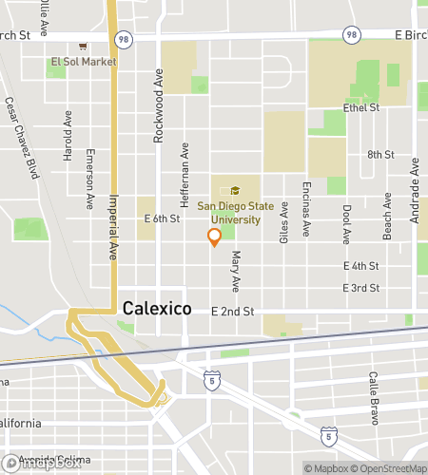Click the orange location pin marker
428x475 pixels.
[214, 237]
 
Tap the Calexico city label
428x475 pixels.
[157, 309]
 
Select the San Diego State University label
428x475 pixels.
[228, 212]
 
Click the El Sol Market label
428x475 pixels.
[84, 62]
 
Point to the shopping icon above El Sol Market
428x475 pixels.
[84, 45]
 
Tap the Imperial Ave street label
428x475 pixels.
[112, 228]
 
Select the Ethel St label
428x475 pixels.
[362, 108]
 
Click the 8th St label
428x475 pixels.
[379, 155]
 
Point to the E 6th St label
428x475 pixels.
[162, 218]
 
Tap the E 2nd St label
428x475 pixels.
[232, 311]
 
